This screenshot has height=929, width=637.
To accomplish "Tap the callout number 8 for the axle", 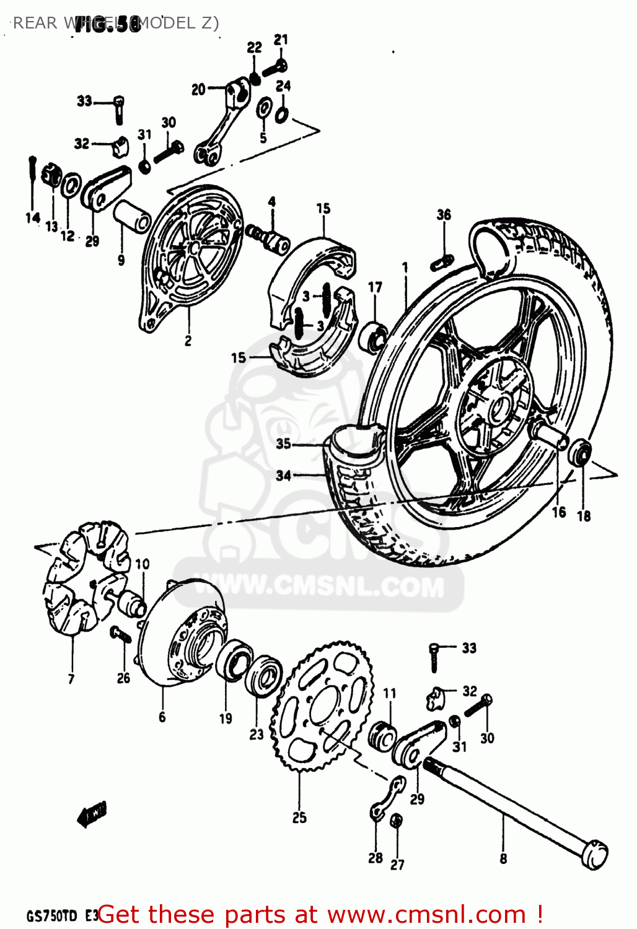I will [503, 858].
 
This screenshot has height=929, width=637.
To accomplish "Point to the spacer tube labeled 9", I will [132, 217].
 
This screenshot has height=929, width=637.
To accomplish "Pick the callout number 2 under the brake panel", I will [188, 340].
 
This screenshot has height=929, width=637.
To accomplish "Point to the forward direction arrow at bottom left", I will [92, 815].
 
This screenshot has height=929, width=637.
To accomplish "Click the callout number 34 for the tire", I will [283, 476].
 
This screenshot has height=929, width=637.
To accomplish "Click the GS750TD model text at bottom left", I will [52, 916].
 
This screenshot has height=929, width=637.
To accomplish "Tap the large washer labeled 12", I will [71, 185].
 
